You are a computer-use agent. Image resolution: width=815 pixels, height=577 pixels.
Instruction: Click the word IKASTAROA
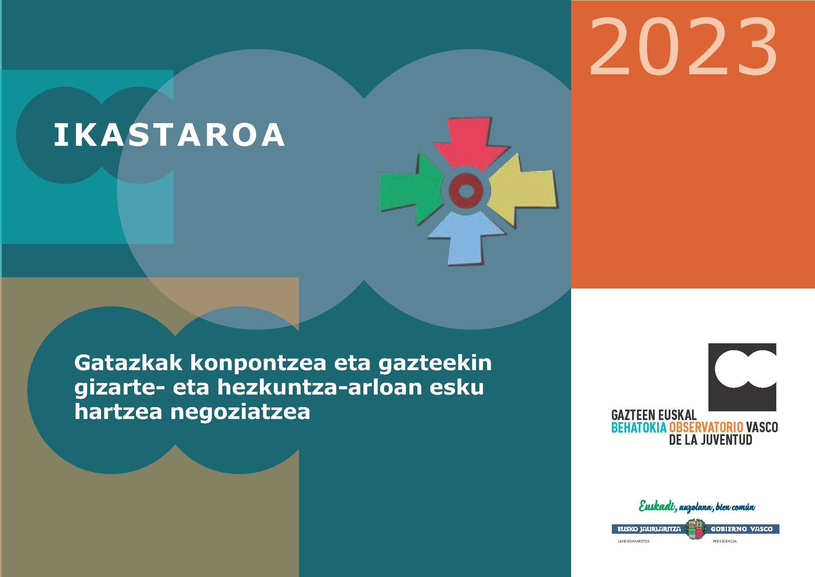169,135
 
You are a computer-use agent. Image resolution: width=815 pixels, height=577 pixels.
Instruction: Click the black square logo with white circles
742,377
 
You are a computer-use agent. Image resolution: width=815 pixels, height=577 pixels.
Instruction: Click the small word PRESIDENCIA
724,541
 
